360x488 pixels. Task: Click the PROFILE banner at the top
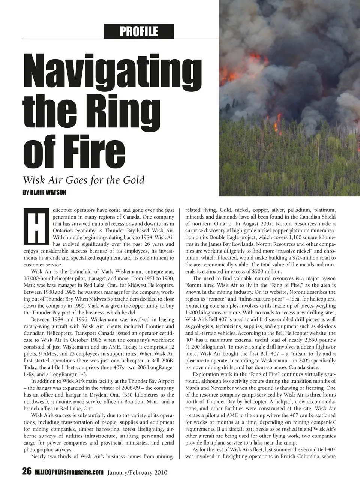click(x=139, y=31)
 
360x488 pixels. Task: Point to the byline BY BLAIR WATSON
click(x=44, y=192)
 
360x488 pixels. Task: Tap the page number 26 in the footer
click(x=27, y=472)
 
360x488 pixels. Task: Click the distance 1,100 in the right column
click(x=297, y=237)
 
